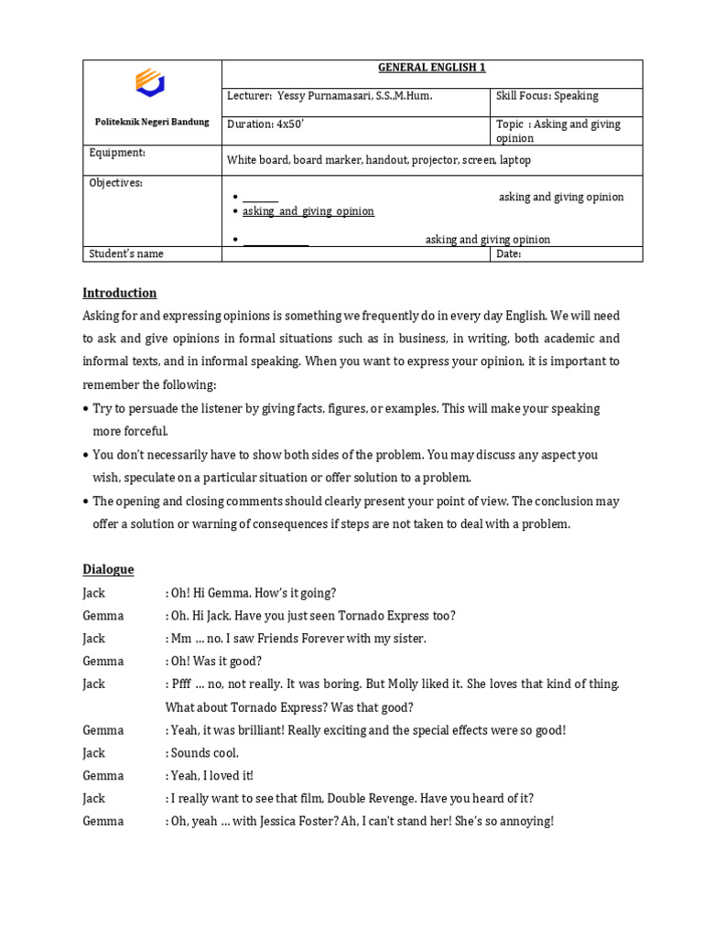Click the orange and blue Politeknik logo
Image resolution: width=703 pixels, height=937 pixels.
151,83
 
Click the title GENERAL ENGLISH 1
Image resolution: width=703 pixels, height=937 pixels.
431,68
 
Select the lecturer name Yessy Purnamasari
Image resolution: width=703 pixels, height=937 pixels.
353,96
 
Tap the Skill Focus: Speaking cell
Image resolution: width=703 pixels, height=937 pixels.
546,96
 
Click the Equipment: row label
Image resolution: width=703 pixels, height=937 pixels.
116,153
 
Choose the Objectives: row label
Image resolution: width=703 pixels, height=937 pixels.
115,183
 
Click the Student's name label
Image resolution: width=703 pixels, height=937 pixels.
125,253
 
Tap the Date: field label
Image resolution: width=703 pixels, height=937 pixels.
508,253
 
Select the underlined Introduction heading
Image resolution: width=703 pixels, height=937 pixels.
119,293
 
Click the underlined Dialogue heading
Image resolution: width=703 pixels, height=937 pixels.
108,569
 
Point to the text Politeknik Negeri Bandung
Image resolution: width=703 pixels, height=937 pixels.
152,122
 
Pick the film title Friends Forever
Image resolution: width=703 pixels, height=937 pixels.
294,639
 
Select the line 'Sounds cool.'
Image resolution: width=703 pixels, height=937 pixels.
204,753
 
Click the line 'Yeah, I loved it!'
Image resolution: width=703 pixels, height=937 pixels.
211,776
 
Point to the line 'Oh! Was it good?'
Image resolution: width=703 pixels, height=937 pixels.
215,662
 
